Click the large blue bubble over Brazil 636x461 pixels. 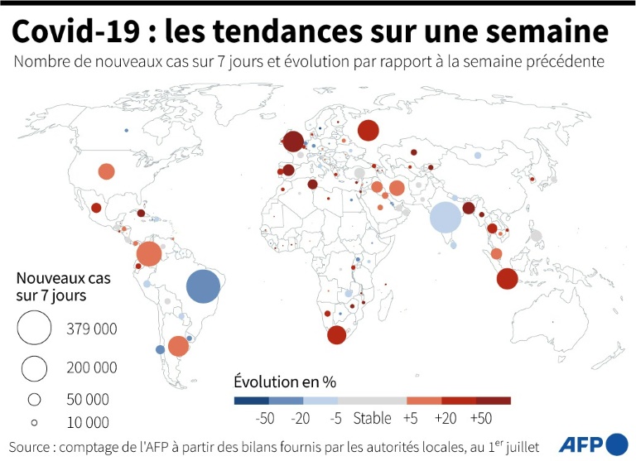point(203,287)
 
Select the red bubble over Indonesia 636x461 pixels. point(507,279)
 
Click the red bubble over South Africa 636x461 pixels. point(336,335)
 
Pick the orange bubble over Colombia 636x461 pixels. point(149,254)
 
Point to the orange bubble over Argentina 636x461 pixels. point(178,346)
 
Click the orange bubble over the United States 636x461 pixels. point(106,171)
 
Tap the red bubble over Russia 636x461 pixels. point(368,131)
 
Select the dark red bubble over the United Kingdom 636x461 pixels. point(293,142)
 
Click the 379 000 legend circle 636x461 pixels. point(34,328)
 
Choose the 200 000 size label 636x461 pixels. point(92,367)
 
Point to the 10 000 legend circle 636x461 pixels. point(34,422)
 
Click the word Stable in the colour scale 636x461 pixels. point(372,419)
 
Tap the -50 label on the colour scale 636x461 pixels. point(265,419)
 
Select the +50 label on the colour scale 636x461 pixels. point(480,419)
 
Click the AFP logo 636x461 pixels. point(593,443)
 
